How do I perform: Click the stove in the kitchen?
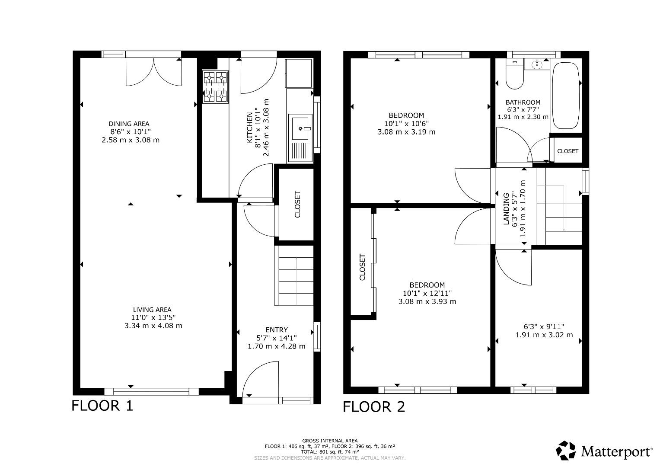pyautogui.click(x=215, y=87)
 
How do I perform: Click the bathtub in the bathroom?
pyautogui.click(x=566, y=96)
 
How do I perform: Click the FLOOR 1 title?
pyautogui.click(x=102, y=406)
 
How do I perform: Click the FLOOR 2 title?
pyautogui.click(x=374, y=407)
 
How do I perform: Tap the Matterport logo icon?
pyautogui.click(x=566, y=451)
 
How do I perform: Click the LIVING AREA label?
pyautogui.click(x=152, y=310)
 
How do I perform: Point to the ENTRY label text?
pyautogui.click(x=276, y=330)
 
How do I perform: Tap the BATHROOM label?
pyautogui.click(x=523, y=102)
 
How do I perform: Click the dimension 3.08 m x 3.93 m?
pyautogui.click(x=427, y=301)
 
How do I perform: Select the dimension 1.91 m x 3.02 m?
pyautogui.click(x=544, y=335)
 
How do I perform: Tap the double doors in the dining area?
pyautogui.click(x=153, y=72)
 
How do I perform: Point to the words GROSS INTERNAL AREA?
pyautogui.click(x=330, y=441)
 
